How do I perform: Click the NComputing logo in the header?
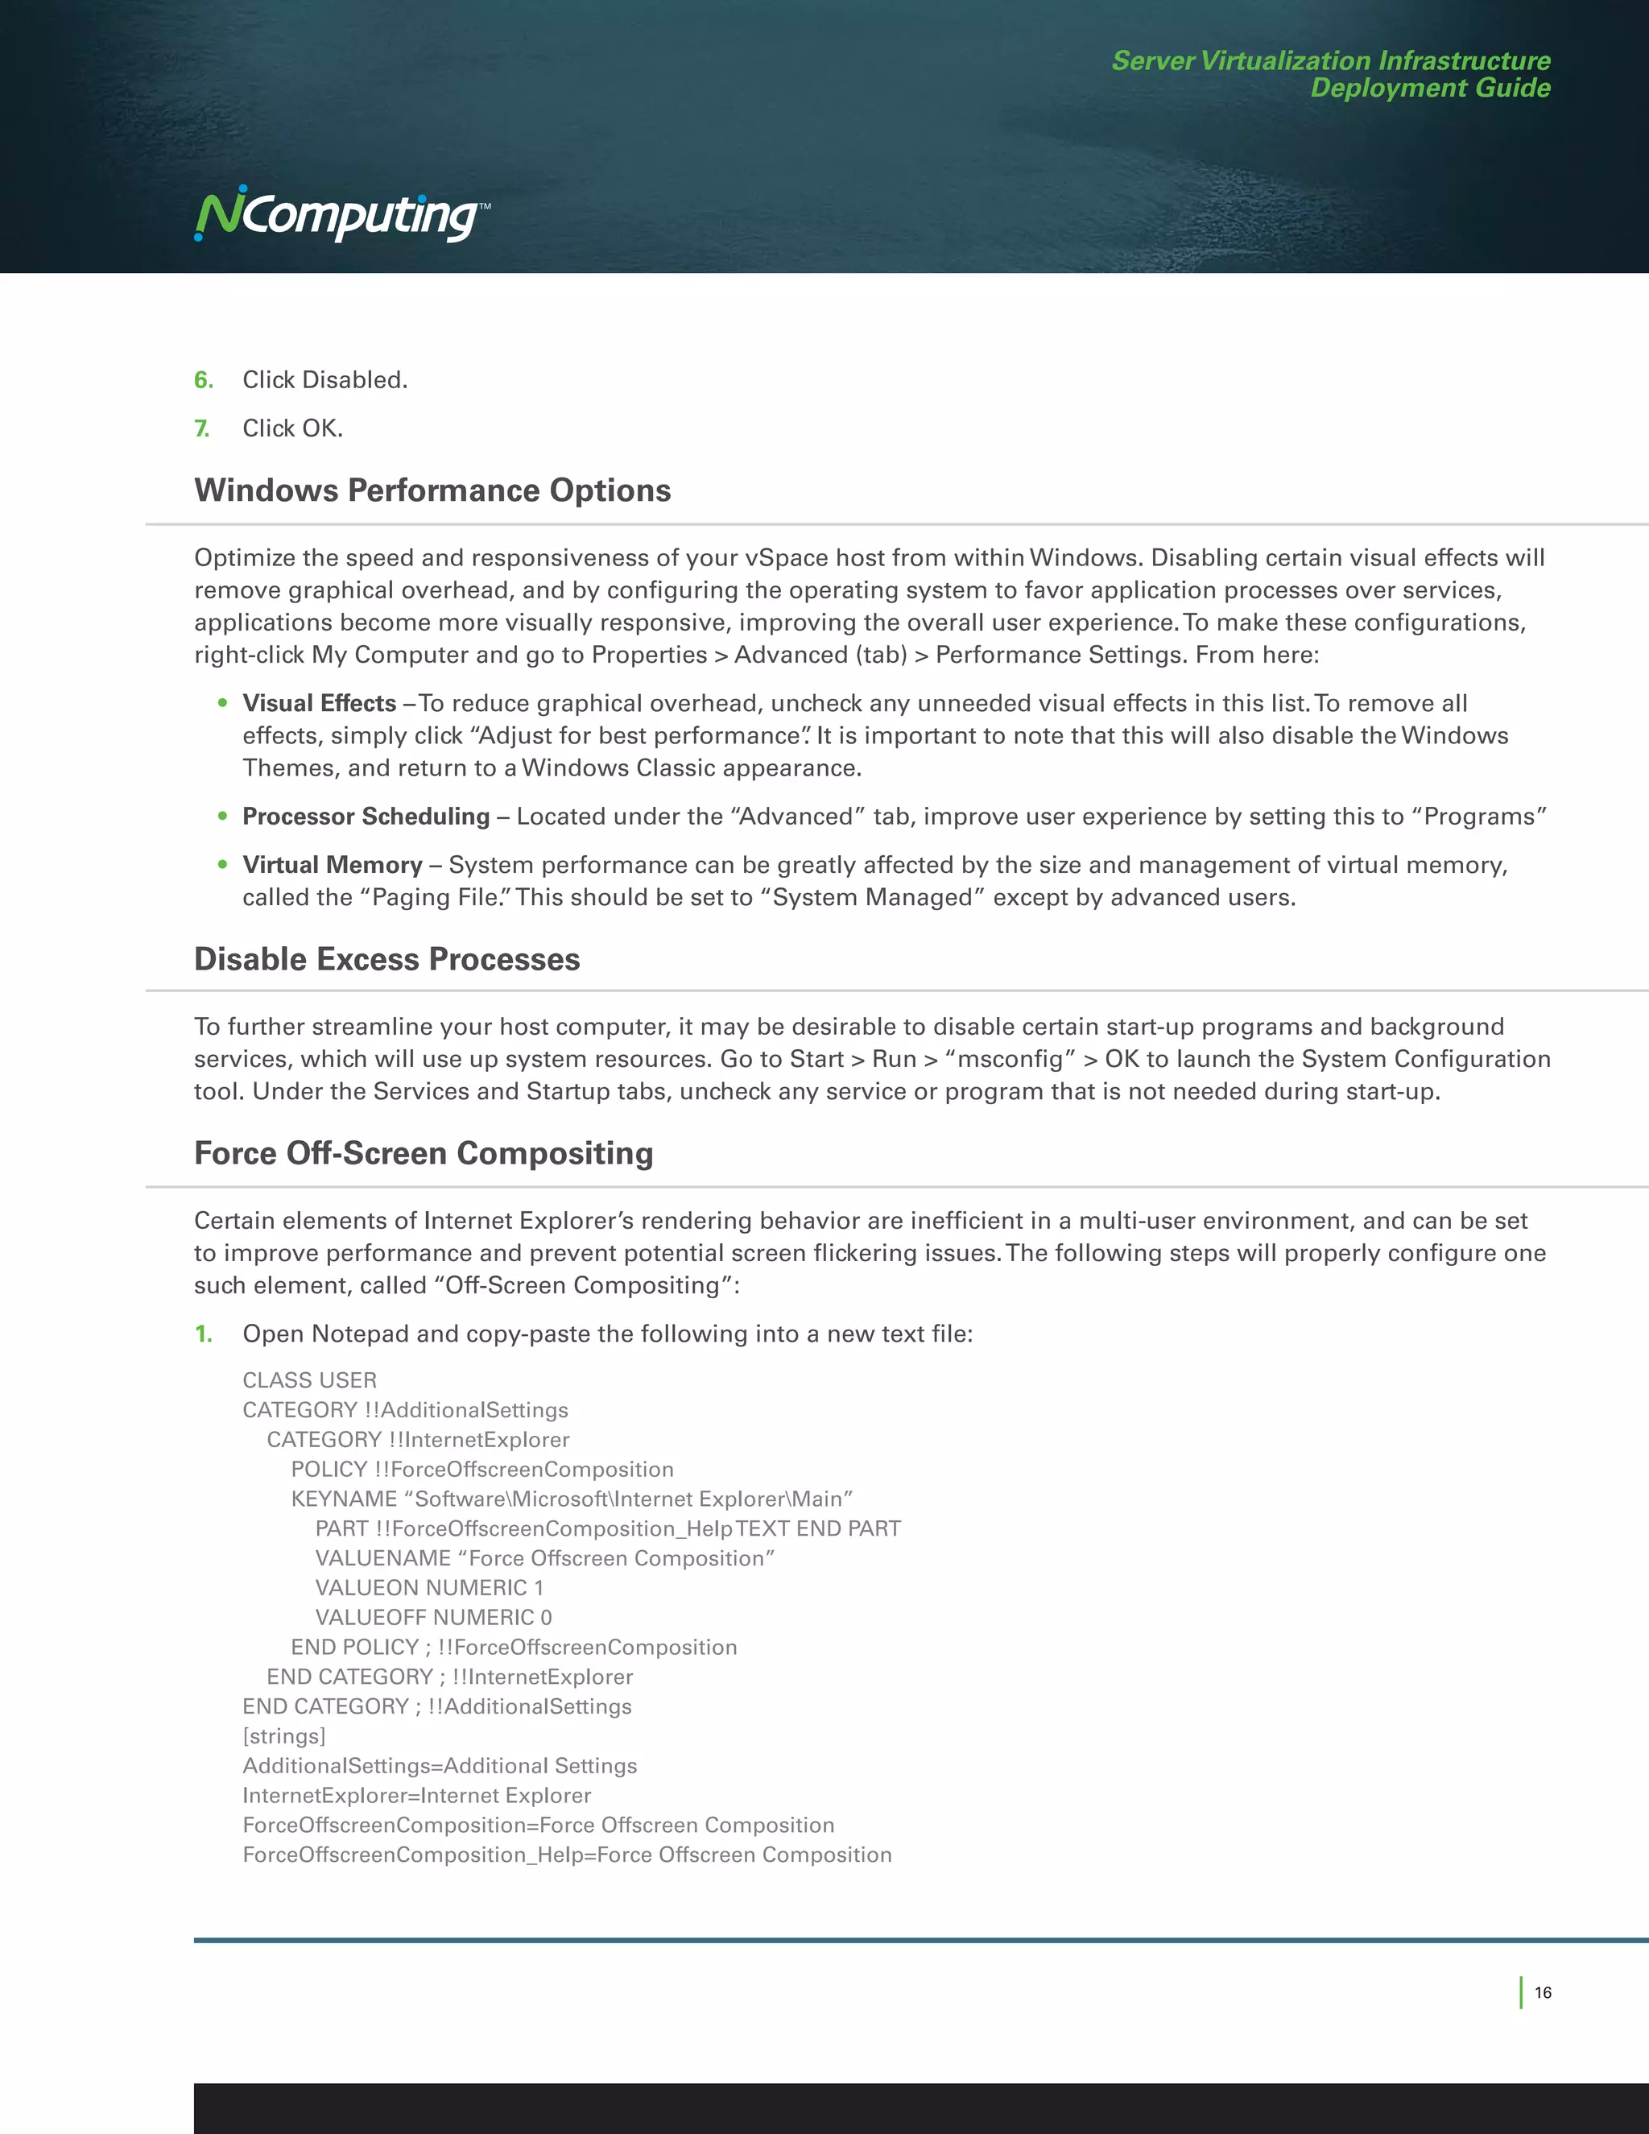coord(340,215)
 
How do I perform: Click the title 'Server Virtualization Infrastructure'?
coord(1330,60)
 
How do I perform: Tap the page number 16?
coord(1543,1992)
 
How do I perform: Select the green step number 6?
coord(203,380)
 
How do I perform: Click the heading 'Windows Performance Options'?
coord(432,490)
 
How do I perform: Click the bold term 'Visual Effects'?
coord(320,704)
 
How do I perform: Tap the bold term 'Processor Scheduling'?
coord(366,817)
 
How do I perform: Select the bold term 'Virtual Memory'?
coord(333,866)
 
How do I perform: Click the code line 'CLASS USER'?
coord(310,1380)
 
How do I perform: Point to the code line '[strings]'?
coord(284,1736)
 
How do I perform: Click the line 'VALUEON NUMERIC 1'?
coord(429,1588)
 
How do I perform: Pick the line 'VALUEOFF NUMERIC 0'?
coord(432,1617)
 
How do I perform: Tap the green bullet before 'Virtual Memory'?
coord(223,865)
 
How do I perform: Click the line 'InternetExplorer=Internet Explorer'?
coord(417,1796)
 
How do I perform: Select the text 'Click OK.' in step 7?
coord(292,429)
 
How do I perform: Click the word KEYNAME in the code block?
coord(343,1499)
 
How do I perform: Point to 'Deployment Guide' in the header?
coord(1429,88)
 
